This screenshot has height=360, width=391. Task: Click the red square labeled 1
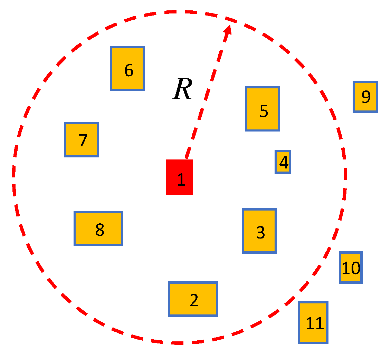pyautogui.click(x=179, y=177)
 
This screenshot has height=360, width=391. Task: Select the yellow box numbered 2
pyautogui.click(x=193, y=299)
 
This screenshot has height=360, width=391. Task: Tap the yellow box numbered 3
pyautogui.click(x=259, y=231)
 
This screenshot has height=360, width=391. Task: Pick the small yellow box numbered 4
pyautogui.click(x=283, y=162)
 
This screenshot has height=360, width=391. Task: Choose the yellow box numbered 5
pyautogui.click(x=263, y=109)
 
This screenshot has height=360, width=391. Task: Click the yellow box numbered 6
pyautogui.click(x=127, y=69)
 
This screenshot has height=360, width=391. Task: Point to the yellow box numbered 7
pyautogui.click(x=82, y=140)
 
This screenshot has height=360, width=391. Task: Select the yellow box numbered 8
pyautogui.click(x=98, y=228)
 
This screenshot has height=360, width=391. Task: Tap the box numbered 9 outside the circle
pyautogui.click(x=365, y=97)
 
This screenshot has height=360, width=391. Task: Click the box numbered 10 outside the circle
pyautogui.click(x=351, y=267)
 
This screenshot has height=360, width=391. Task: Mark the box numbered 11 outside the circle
pyautogui.click(x=313, y=323)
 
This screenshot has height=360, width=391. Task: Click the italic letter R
pyautogui.click(x=182, y=89)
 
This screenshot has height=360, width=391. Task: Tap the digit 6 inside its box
pyautogui.click(x=128, y=70)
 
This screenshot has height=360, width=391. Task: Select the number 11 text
pyautogui.click(x=315, y=324)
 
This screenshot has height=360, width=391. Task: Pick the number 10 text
pyautogui.click(x=351, y=268)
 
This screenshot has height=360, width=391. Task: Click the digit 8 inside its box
pyautogui.click(x=99, y=230)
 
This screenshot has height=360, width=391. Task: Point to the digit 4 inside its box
pyautogui.click(x=284, y=163)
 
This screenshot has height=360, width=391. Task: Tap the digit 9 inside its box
pyautogui.click(x=366, y=97)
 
